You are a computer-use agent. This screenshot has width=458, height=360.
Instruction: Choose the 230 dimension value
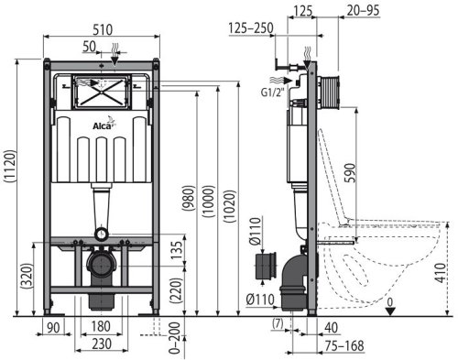coord(102,344)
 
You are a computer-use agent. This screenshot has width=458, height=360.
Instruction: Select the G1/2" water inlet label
coord(269,89)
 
